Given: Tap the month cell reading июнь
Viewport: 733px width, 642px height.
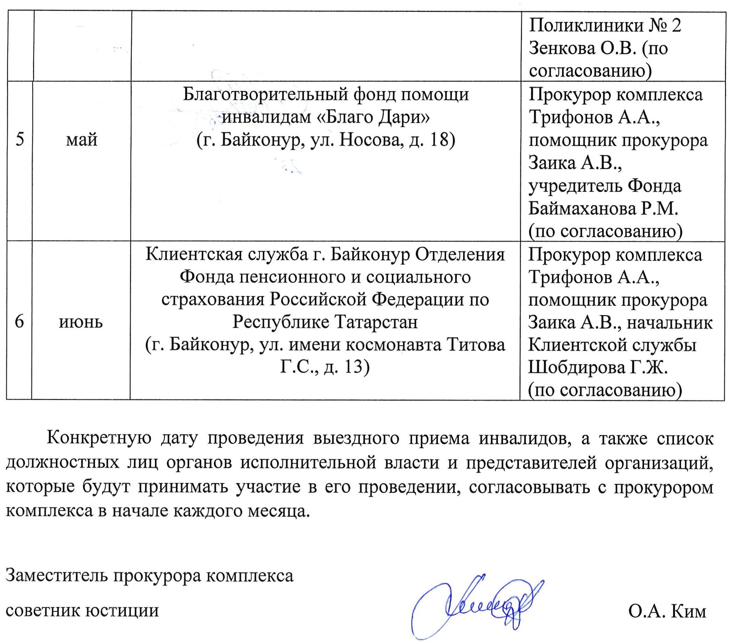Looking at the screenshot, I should tap(81, 322).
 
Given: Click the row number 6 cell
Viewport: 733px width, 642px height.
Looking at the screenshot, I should tap(19, 322).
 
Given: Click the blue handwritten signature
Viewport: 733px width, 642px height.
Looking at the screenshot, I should tap(476, 605).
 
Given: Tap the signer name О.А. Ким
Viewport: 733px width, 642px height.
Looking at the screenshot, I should tap(667, 611).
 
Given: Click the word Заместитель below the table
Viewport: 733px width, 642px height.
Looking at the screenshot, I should tap(57, 576).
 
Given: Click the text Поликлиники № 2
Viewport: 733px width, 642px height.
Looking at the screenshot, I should tap(605, 26).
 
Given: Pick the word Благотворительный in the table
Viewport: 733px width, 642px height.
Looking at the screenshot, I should tap(265, 95).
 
